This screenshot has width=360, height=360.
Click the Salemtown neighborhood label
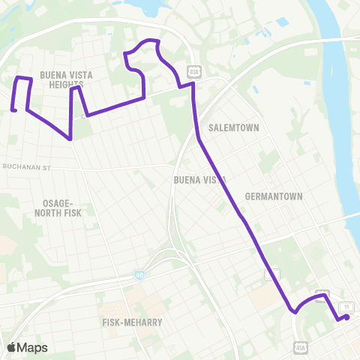click(x=234, y=127)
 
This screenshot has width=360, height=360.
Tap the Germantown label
click(x=274, y=196)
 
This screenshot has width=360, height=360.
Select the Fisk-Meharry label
click(x=132, y=322)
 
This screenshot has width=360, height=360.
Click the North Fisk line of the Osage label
click(x=63, y=213)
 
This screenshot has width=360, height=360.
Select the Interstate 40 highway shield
click(x=140, y=275)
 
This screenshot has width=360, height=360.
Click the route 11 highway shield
click(x=346, y=307)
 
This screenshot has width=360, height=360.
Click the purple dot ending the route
click(x=346, y=318)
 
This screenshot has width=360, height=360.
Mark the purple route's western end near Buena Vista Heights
click(x=13, y=111)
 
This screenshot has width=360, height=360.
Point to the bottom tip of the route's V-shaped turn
click(x=70, y=139)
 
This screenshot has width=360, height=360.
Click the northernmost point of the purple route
click(x=152, y=40)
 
